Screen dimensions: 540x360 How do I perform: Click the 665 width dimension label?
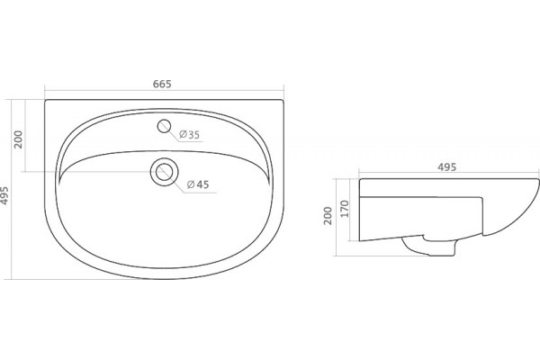(x=162, y=84)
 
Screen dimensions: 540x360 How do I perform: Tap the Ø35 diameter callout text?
(x=189, y=134)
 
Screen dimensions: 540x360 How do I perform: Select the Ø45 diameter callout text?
(x=198, y=184)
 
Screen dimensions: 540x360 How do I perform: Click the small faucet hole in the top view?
(x=165, y=126)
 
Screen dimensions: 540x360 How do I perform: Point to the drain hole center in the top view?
(x=165, y=172)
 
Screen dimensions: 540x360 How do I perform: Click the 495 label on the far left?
(x=4, y=195)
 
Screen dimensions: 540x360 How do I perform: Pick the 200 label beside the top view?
(x=18, y=139)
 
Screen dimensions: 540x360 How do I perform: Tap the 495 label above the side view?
(x=446, y=167)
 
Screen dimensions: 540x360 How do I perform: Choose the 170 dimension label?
(x=345, y=209)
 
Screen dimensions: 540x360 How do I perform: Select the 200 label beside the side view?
(x=328, y=216)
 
